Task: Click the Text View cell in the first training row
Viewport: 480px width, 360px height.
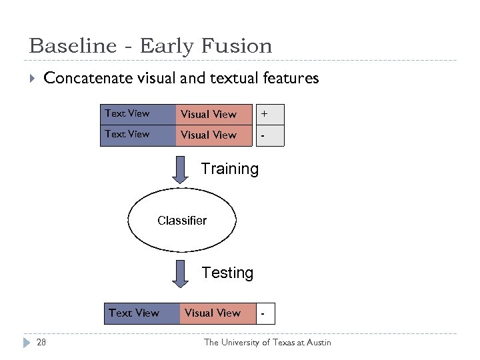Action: click(137, 114)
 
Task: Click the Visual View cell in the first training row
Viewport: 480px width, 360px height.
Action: click(214, 114)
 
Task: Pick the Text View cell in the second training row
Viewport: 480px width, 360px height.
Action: click(137, 135)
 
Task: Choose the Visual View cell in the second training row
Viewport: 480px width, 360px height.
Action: click(214, 135)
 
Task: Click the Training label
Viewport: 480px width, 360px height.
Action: click(229, 169)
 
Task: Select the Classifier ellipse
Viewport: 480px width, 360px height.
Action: click(182, 220)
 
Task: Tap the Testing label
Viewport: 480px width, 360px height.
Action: click(227, 273)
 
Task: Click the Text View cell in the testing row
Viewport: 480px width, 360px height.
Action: click(141, 313)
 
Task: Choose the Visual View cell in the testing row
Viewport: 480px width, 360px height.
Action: click(217, 313)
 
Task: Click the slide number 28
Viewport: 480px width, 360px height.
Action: click(41, 342)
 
